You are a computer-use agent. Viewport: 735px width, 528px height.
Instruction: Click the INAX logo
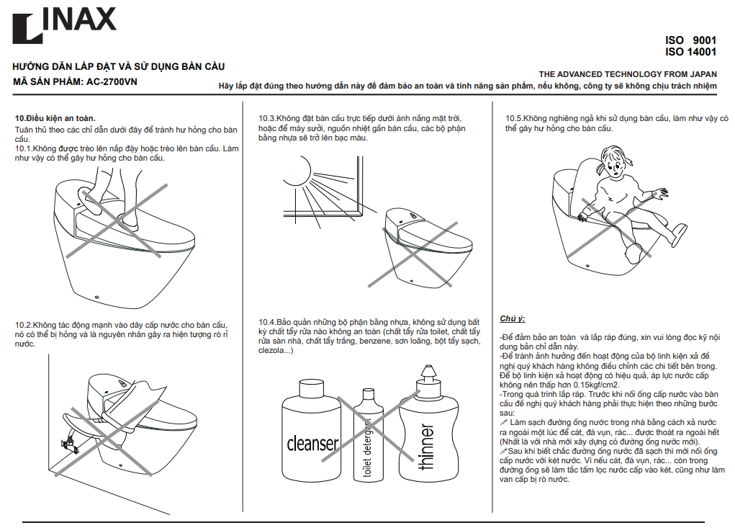(64, 26)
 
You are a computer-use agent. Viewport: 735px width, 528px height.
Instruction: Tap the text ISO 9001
(690, 40)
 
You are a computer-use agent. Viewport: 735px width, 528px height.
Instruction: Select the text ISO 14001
(690, 52)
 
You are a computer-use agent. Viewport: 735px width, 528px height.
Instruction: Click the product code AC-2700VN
(112, 81)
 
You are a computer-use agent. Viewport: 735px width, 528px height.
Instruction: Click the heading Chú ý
(513, 318)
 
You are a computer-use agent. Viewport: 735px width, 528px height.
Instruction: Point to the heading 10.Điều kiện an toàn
(55, 117)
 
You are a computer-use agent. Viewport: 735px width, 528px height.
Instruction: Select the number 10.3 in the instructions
(268, 118)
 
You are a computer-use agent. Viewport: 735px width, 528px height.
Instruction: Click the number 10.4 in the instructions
(268, 322)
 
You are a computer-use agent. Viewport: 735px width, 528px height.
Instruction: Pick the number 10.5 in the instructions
(514, 118)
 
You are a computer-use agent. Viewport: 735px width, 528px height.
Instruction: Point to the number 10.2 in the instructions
(23, 325)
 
